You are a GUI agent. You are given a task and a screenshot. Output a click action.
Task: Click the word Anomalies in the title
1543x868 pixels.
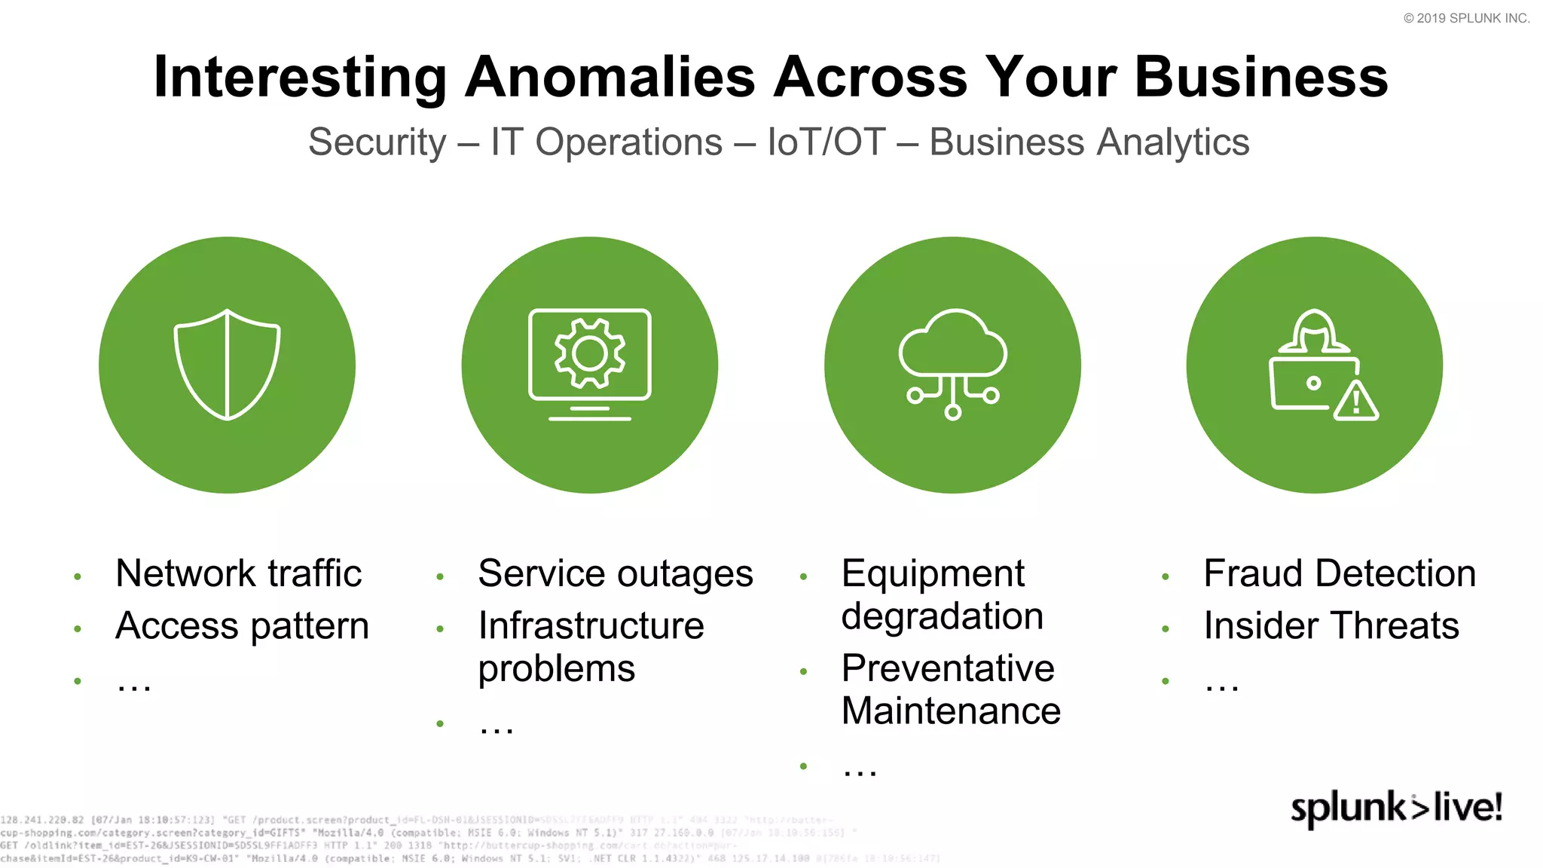(x=610, y=77)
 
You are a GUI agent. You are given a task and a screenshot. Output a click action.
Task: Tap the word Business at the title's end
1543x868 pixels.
(x=1261, y=77)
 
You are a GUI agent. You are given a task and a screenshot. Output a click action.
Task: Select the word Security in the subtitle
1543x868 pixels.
(x=377, y=142)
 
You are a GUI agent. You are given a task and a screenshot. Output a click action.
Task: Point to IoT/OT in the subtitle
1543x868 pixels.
(x=826, y=142)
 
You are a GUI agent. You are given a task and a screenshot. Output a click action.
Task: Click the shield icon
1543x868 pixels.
(x=227, y=365)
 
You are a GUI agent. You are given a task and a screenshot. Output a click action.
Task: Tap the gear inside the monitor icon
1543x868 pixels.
(x=590, y=353)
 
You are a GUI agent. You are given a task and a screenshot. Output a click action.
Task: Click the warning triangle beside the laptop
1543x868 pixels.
(x=1356, y=402)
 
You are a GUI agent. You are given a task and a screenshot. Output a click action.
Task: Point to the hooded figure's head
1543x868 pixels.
(x=1315, y=329)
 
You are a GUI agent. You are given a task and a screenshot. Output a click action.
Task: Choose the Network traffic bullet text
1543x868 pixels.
(x=239, y=573)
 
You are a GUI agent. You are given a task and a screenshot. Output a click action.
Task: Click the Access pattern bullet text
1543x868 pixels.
(x=242, y=625)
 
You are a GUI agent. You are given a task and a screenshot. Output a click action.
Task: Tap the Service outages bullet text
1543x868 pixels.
(x=616, y=573)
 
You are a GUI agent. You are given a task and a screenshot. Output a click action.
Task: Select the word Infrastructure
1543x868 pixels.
(x=591, y=625)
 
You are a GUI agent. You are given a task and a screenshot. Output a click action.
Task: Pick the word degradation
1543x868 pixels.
(x=943, y=616)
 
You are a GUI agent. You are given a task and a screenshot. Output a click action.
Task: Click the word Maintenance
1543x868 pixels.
(x=951, y=711)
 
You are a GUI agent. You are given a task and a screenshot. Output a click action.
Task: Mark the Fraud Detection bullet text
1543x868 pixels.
(x=1340, y=573)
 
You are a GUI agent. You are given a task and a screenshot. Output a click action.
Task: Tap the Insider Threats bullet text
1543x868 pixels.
(x=1331, y=625)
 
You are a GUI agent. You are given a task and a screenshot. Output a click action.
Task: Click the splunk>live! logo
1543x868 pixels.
(x=1397, y=808)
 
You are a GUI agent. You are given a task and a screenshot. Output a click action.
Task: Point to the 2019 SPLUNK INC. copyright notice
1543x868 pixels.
(x=1466, y=18)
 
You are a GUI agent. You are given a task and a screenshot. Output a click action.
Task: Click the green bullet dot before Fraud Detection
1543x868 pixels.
(x=1165, y=577)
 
